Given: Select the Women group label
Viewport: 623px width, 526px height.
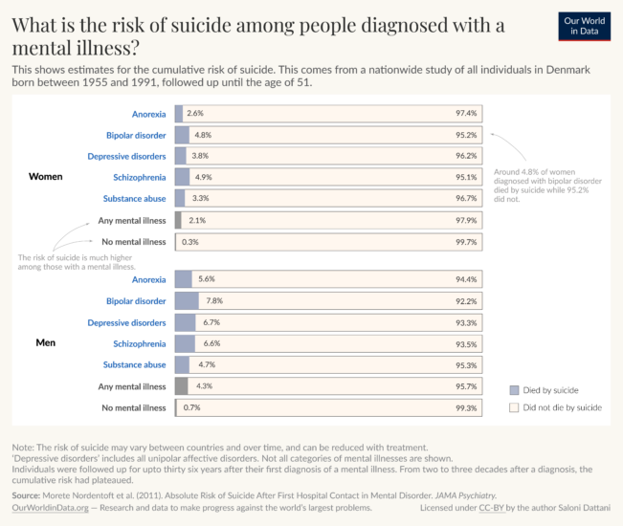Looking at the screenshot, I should [x=46, y=177].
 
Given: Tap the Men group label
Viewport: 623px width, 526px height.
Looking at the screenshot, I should [x=46, y=343].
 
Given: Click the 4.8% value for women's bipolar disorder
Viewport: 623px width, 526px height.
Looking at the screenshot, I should [x=202, y=135].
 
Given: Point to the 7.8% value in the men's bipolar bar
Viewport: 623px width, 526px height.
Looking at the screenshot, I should [x=214, y=300].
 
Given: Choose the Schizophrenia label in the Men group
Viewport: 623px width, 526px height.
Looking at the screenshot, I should [x=140, y=343].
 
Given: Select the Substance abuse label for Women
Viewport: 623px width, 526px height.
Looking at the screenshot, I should [x=135, y=199].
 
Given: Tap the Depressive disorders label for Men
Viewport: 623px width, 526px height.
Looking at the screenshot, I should [x=126, y=322].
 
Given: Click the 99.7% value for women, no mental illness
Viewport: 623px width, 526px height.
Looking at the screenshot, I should [x=466, y=242].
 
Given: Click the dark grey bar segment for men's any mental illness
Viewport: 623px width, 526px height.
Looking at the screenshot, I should [x=181, y=386].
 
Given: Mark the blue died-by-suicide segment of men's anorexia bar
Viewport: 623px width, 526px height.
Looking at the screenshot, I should [x=184, y=279].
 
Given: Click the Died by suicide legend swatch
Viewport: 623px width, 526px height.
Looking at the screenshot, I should [x=515, y=390].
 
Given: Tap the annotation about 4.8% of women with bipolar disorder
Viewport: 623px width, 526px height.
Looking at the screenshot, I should [x=546, y=186].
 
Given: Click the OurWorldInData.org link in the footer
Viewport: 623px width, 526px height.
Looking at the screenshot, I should [x=49, y=509].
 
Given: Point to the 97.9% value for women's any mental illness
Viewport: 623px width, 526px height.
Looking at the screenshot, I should [x=466, y=220].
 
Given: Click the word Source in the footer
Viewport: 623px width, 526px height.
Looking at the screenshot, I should [x=27, y=495].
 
